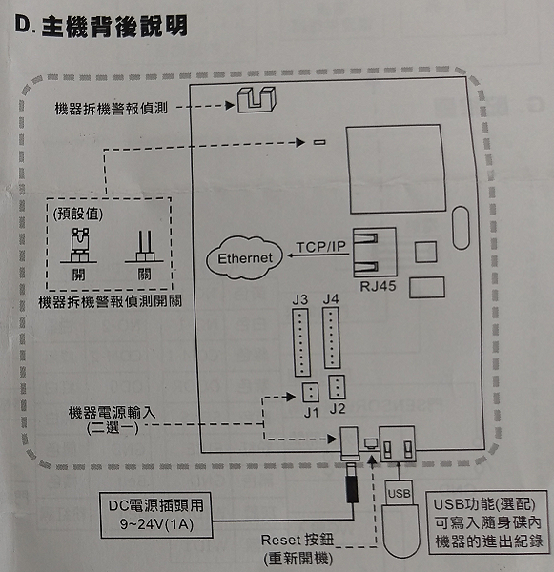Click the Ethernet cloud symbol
(x=244, y=258)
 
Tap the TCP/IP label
(x=320, y=247)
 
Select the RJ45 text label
(x=378, y=286)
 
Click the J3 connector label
(x=300, y=300)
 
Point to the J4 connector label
(x=331, y=299)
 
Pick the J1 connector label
(x=311, y=413)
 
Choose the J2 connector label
(x=338, y=409)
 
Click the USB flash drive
(x=400, y=518)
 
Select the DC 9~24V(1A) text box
(x=156, y=515)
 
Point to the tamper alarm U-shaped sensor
(x=256, y=99)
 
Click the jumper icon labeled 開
(x=79, y=245)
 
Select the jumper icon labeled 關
(x=145, y=246)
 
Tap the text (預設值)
(x=78, y=214)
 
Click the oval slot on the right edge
(x=461, y=228)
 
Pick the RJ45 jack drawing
(x=375, y=252)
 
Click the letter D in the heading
(x=23, y=25)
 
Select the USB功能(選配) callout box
(x=487, y=522)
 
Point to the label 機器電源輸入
(x=113, y=413)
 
